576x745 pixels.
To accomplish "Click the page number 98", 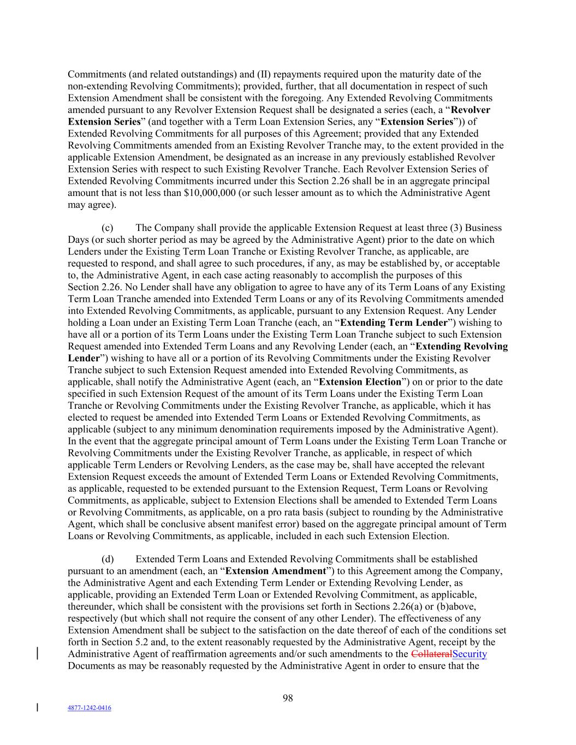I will coord(288,698).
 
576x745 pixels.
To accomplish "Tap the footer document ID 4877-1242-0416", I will coord(89,708).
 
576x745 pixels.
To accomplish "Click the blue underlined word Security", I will coord(470,654).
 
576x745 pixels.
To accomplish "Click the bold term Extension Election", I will coord(360,382).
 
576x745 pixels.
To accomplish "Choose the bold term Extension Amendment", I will coord(275,571).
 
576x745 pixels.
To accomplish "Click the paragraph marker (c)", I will coord(108,228).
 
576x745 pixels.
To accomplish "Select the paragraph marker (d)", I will coord(108,559).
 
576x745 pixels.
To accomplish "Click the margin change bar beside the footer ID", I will coord(37,708).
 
